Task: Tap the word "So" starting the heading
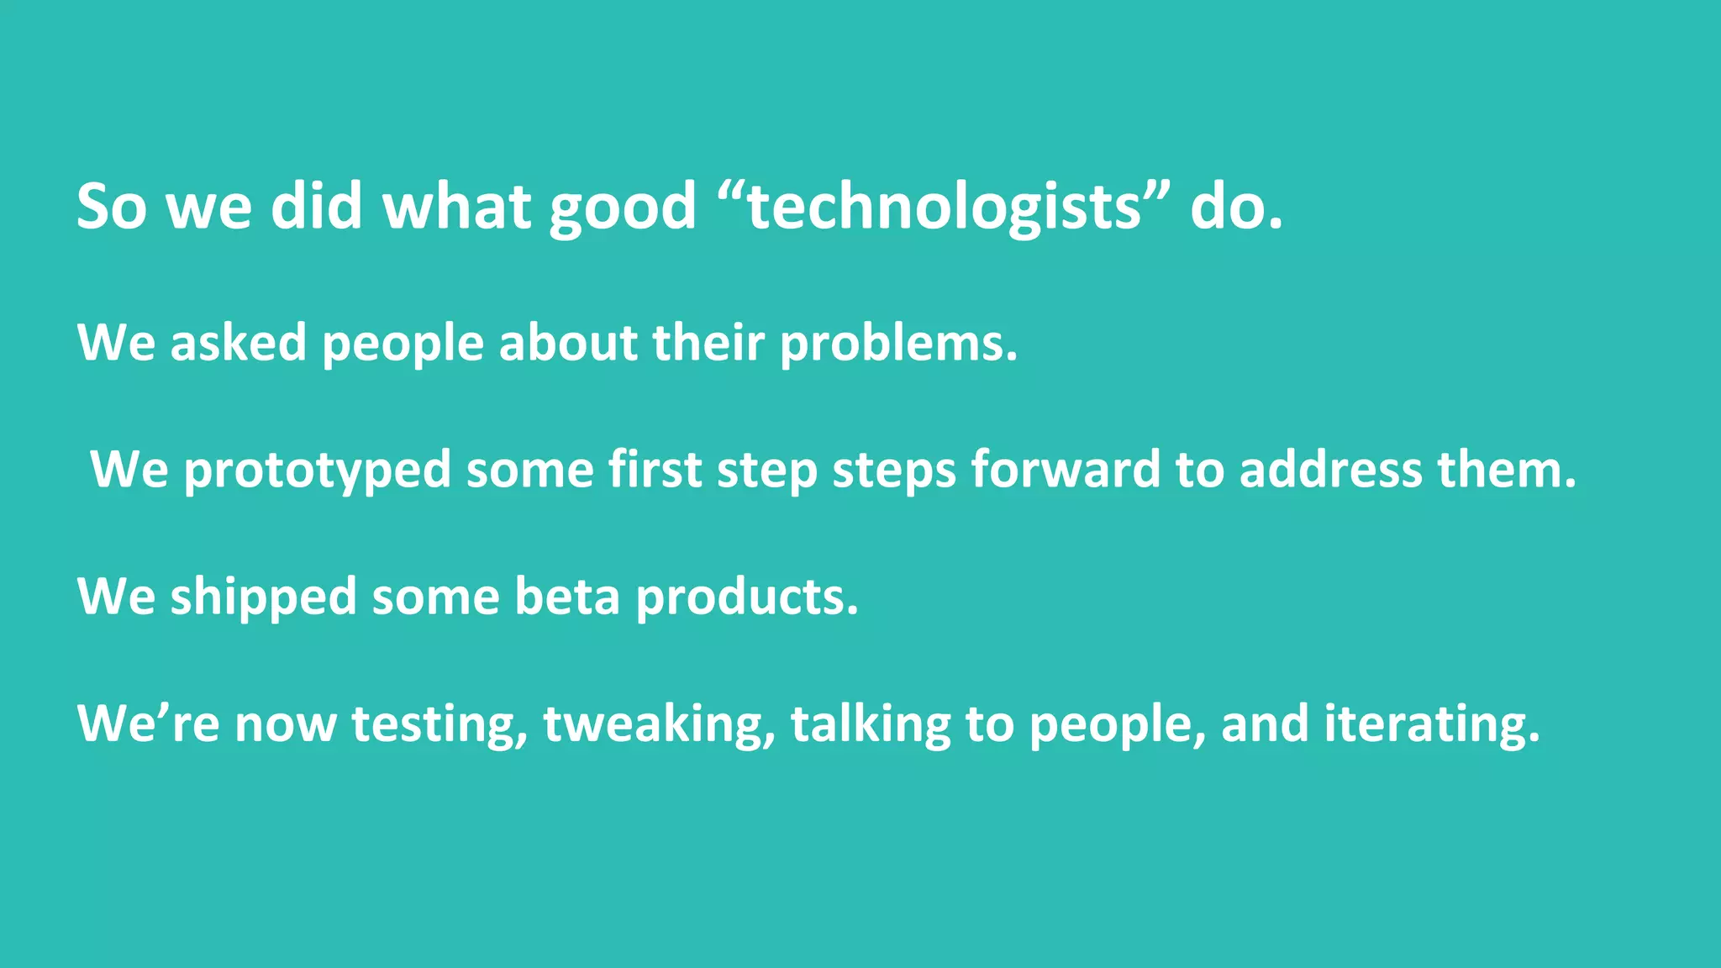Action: [112, 206]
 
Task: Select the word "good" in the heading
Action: [623, 208]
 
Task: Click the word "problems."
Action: [898, 345]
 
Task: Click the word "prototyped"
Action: [317, 471]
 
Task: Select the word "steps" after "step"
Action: [893, 471]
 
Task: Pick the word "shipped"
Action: [263, 598]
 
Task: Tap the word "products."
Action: [747, 598]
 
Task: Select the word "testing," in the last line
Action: [439, 725]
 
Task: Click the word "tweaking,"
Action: [659, 725]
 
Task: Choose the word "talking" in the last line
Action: [870, 725]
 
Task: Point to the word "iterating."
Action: [1432, 725]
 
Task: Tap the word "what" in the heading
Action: [457, 206]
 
